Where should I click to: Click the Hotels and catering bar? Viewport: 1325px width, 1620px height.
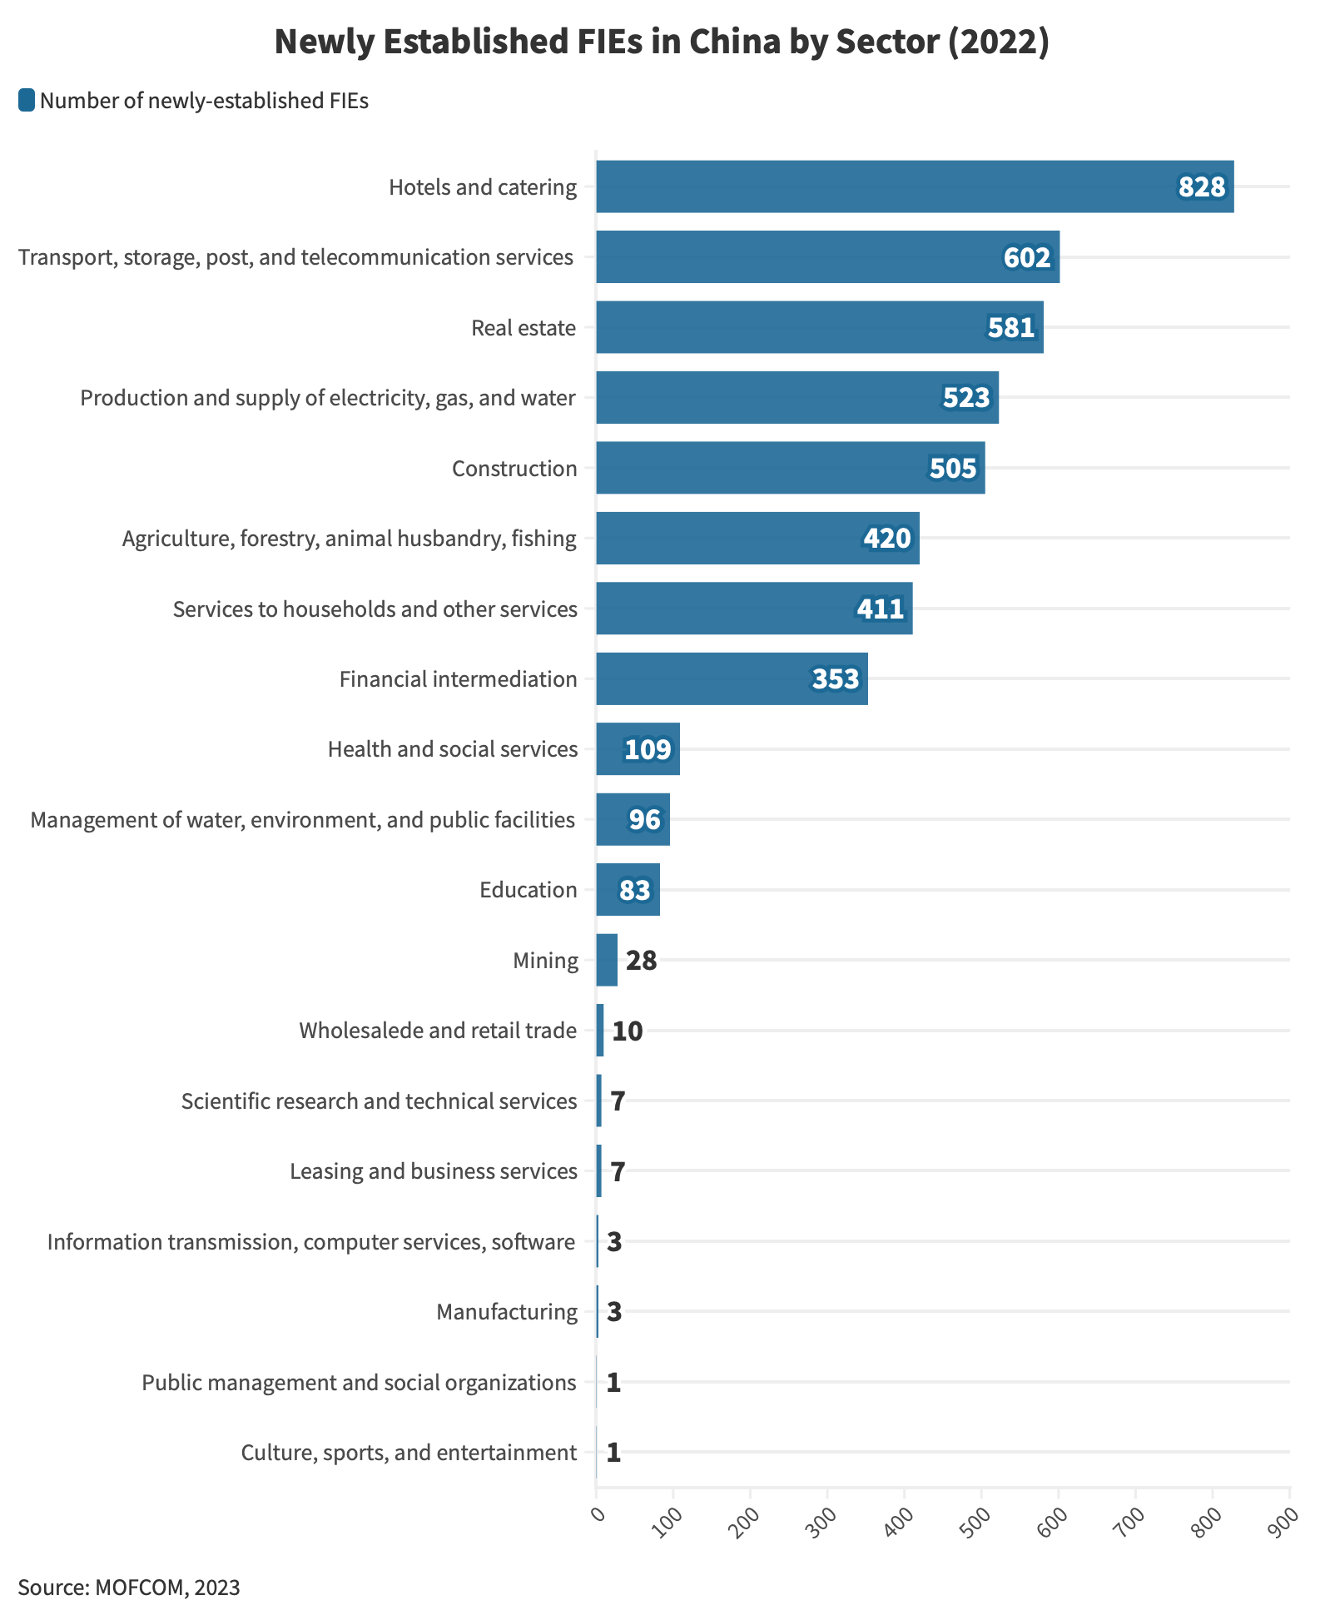(x=914, y=186)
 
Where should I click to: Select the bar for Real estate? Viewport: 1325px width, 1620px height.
(x=819, y=327)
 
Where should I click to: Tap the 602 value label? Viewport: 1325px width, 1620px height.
(x=1026, y=257)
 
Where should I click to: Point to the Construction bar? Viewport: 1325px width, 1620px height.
(x=790, y=468)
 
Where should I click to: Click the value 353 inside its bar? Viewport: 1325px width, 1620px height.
(x=835, y=679)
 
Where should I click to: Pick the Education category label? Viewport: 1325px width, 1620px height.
(x=528, y=890)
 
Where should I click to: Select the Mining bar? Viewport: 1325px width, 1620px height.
(x=607, y=960)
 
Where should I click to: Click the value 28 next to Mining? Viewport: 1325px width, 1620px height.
(x=641, y=961)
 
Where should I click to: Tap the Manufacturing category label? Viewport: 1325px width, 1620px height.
(x=506, y=1312)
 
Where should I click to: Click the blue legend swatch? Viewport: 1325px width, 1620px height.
(x=27, y=101)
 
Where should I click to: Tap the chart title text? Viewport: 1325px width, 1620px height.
(x=662, y=42)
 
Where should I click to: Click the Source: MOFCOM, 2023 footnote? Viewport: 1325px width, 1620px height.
(x=129, y=1587)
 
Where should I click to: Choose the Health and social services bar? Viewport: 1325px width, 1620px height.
(x=638, y=749)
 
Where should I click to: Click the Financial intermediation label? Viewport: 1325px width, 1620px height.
(x=458, y=679)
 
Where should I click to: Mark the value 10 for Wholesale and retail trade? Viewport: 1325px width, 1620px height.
(x=627, y=1031)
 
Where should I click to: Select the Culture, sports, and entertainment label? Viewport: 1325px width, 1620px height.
(x=409, y=1453)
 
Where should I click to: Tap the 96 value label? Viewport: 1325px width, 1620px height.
(x=644, y=820)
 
